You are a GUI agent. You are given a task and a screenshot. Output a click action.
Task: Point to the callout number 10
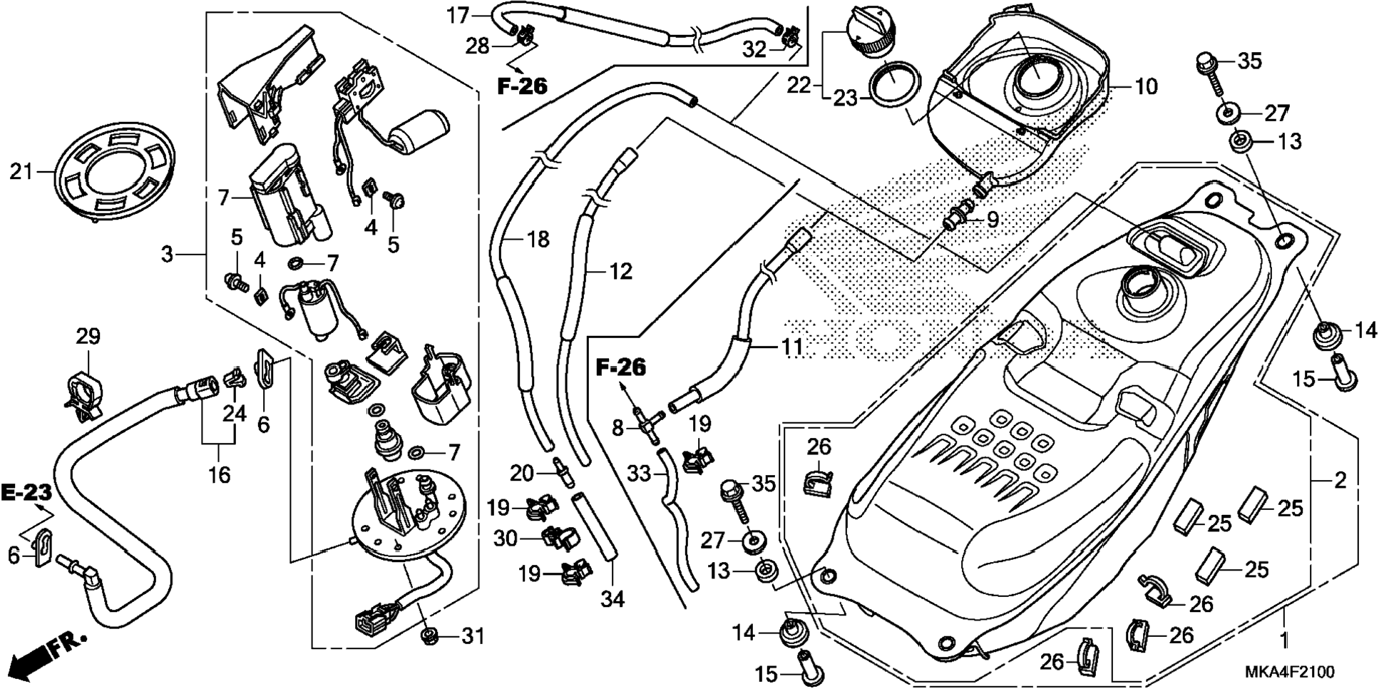(1146, 87)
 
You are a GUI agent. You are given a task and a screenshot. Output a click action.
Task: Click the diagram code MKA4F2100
(1290, 672)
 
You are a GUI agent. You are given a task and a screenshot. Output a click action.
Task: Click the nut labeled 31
(430, 636)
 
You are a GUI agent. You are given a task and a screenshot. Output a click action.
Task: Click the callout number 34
(612, 599)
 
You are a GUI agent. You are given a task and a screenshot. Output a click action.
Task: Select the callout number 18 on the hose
(538, 240)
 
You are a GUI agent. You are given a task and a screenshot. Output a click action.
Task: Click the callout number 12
(620, 272)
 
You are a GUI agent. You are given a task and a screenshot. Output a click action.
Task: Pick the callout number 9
(993, 220)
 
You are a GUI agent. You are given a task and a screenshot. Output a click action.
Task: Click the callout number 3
(167, 254)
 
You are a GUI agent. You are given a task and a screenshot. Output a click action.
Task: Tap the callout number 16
(219, 474)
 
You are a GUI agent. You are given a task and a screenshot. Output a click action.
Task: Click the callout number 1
(1283, 639)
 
